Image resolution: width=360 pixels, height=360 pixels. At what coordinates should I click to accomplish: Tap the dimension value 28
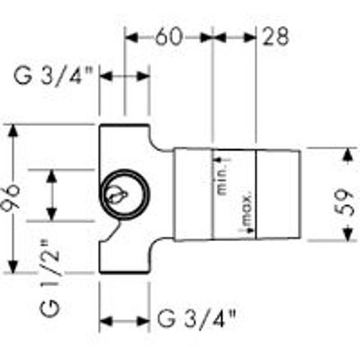point(276,36)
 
